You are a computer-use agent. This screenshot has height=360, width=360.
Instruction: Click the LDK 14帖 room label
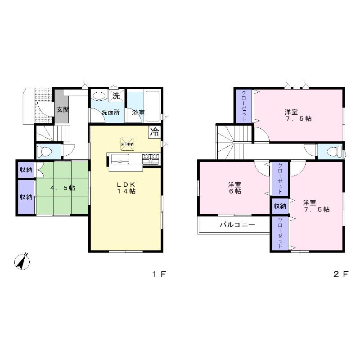click(x=127, y=188)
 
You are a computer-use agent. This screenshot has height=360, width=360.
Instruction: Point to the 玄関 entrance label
click(x=63, y=109)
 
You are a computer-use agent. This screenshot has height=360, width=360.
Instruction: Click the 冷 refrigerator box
click(x=155, y=132)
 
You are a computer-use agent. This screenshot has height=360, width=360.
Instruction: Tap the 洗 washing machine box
click(x=116, y=96)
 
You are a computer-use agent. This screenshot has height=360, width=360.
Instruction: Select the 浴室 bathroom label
click(x=138, y=112)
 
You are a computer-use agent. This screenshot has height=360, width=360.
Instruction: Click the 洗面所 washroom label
click(x=110, y=112)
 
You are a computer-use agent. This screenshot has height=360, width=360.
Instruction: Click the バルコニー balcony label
click(x=237, y=224)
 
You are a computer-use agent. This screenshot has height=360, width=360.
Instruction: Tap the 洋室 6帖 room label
click(x=234, y=188)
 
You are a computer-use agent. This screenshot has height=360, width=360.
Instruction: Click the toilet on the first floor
click(x=46, y=150)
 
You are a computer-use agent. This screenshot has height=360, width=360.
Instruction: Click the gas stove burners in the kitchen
click(x=150, y=158)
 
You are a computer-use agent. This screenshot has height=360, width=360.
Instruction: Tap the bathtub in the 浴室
click(x=153, y=104)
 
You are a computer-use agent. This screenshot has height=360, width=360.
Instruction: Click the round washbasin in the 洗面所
click(x=99, y=96)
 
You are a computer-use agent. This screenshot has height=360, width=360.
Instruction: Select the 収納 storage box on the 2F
click(x=279, y=206)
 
